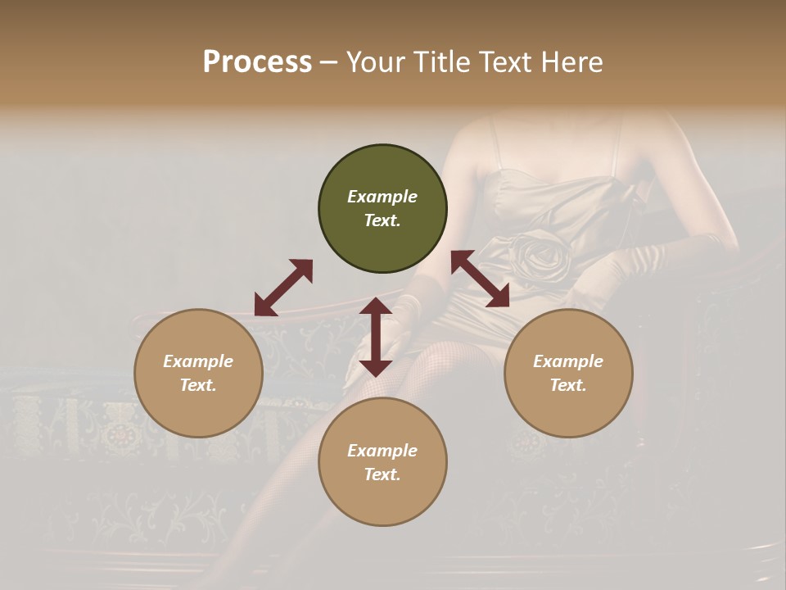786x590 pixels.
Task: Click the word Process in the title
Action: coord(257,62)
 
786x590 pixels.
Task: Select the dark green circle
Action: coord(382,209)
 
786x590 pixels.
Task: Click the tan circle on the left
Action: coord(198,373)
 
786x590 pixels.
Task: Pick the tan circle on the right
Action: coord(567,373)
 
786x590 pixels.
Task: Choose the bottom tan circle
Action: coord(382,462)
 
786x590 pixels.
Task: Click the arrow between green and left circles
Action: coord(283,288)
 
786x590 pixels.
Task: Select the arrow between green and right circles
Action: coord(481,279)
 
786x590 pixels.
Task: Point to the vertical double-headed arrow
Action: coord(376,337)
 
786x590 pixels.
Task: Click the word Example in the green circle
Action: coord(382,197)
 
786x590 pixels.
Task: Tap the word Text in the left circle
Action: coord(198,385)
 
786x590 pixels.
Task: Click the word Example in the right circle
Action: coord(567,361)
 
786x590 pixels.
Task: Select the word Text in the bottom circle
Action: coord(382,474)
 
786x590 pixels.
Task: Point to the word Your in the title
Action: coord(373,62)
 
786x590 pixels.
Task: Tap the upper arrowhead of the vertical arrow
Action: coord(376,307)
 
